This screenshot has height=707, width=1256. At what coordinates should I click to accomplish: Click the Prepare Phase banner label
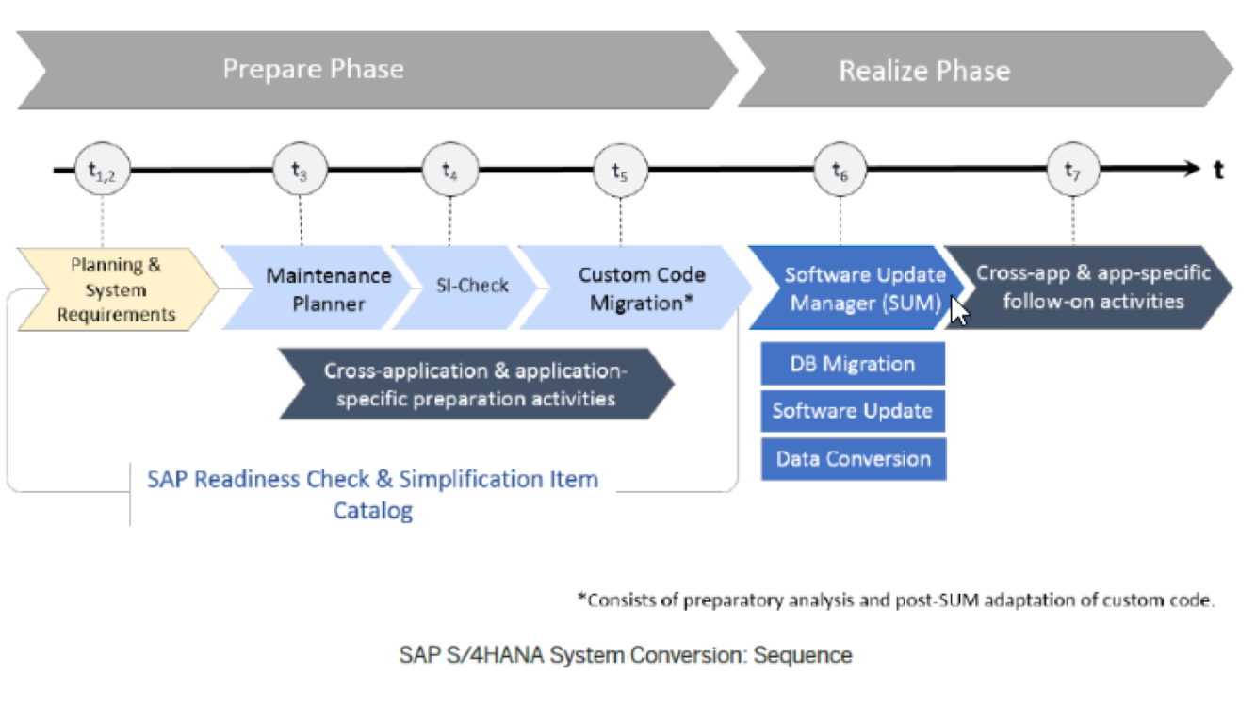pyautogui.click(x=313, y=70)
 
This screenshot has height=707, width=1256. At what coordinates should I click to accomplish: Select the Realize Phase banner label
pyautogui.click(x=924, y=71)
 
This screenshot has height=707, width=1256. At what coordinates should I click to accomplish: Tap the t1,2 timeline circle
pyautogui.click(x=102, y=171)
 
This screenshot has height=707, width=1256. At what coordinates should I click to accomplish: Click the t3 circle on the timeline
pyautogui.click(x=300, y=171)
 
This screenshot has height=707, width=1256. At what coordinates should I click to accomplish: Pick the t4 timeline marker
pyautogui.click(x=450, y=171)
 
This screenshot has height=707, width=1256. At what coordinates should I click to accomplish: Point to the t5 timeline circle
pyautogui.click(x=620, y=171)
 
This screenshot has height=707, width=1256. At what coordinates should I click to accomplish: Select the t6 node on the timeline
pyautogui.click(x=840, y=171)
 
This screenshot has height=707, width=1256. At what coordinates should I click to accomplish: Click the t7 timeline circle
pyautogui.click(x=1072, y=171)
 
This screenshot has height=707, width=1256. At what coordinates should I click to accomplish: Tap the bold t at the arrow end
pyautogui.click(x=1219, y=171)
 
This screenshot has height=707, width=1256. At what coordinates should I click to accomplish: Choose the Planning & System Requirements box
pyautogui.click(x=116, y=289)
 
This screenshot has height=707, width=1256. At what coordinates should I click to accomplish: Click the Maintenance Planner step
pyautogui.click(x=328, y=288)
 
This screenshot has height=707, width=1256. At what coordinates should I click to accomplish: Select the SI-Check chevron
pyautogui.click(x=472, y=286)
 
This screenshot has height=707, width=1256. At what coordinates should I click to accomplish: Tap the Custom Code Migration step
pyautogui.click(x=641, y=288)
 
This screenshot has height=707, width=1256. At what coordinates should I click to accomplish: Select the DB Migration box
pyautogui.click(x=852, y=364)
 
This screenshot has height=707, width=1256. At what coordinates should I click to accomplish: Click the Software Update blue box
pyautogui.click(x=852, y=411)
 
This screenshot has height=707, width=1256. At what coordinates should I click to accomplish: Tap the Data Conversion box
pyautogui.click(x=853, y=459)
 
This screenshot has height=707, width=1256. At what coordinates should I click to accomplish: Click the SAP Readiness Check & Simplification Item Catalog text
pyautogui.click(x=372, y=494)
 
